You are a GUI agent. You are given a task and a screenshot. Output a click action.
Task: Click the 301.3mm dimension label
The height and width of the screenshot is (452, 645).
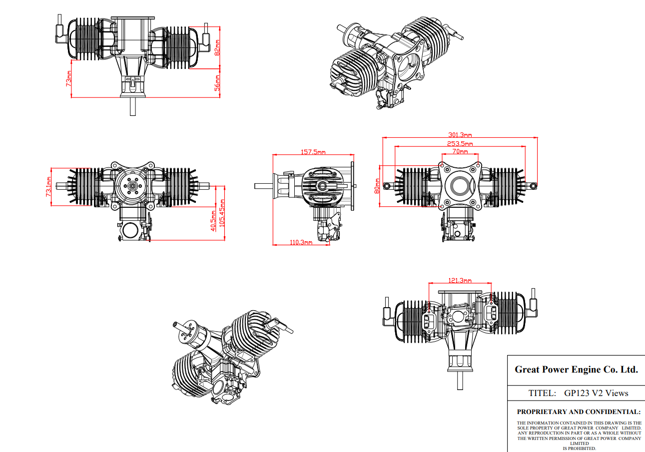[x=460, y=134]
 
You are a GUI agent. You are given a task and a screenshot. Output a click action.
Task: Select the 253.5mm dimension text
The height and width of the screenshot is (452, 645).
[x=460, y=143]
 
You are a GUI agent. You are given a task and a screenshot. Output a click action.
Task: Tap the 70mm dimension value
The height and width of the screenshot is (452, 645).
[x=460, y=151]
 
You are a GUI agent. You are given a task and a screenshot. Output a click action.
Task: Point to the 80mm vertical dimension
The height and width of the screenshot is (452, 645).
[x=378, y=185]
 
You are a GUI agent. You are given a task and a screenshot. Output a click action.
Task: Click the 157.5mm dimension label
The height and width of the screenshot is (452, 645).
[x=313, y=152]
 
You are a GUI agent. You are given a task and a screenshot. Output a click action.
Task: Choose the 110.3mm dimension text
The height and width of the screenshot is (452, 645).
[x=301, y=242]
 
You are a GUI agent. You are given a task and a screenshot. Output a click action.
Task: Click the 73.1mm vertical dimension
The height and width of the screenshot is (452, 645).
[x=48, y=186]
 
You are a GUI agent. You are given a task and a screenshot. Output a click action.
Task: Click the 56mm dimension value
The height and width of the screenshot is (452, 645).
[x=217, y=83]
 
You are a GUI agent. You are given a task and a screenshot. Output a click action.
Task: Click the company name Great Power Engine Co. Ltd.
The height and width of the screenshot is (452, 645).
[x=576, y=370]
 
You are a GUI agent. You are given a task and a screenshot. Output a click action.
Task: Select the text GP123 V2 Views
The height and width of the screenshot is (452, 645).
[x=596, y=393]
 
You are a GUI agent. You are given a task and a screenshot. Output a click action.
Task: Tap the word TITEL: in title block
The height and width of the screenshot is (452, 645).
[x=542, y=393]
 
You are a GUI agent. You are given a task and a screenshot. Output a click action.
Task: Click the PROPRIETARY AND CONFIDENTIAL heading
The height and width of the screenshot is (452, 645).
[x=579, y=412]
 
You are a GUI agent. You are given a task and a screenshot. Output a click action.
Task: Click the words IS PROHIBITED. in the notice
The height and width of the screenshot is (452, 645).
[x=579, y=449]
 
